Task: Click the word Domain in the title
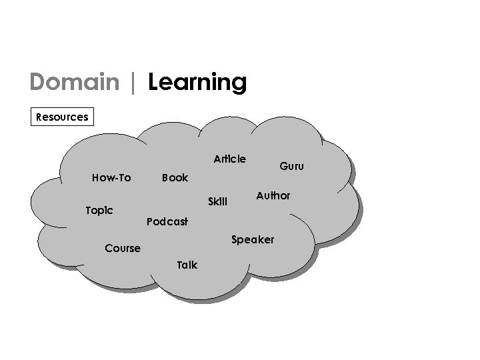click(x=73, y=83)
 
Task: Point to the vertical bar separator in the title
click(x=134, y=83)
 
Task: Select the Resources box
click(x=62, y=117)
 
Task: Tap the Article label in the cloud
click(x=229, y=159)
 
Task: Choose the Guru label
click(x=291, y=166)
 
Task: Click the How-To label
click(x=111, y=178)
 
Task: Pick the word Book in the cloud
click(x=175, y=178)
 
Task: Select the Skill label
click(x=217, y=201)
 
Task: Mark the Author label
click(x=273, y=195)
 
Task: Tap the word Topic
click(x=99, y=211)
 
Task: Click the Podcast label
click(x=167, y=221)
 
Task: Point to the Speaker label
click(x=252, y=239)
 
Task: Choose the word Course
click(x=123, y=249)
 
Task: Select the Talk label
click(x=187, y=265)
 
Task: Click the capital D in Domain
click(x=38, y=83)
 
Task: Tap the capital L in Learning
click(x=153, y=83)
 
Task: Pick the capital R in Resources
click(x=39, y=117)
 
